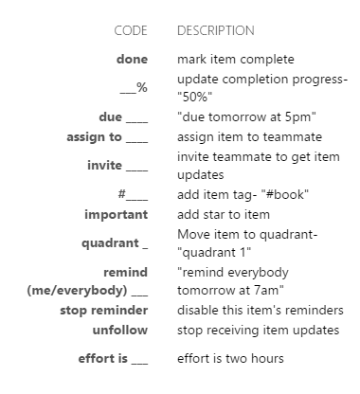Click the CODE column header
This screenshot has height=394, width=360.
(x=131, y=31)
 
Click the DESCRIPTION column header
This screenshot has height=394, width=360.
(x=215, y=31)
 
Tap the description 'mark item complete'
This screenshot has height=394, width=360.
(x=236, y=60)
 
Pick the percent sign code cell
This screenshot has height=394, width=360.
(x=134, y=87)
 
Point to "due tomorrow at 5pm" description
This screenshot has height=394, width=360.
(x=247, y=116)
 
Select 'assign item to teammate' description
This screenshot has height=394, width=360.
(x=250, y=136)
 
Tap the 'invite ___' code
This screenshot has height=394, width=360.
(x=121, y=165)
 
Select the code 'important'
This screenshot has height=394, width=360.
(x=116, y=213)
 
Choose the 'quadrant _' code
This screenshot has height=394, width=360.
(x=115, y=242)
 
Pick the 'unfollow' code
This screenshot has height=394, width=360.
(x=119, y=329)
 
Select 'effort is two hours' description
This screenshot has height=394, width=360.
(x=230, y=359)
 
